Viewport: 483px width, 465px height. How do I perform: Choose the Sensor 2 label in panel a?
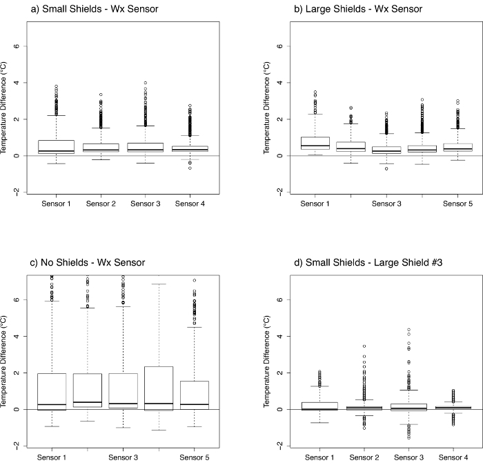click(99, 204)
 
